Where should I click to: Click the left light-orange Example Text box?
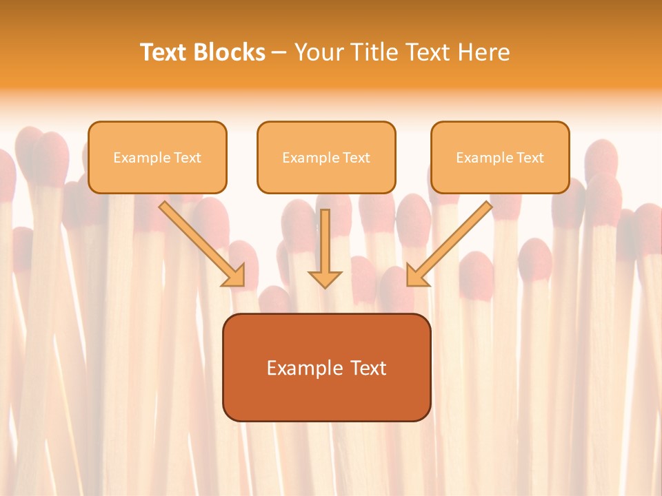pyautogui.click(x=157, y=157)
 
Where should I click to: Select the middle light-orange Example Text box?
pyautogui.click(x=326, y=157)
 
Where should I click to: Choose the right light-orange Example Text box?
pyautogui.click(x=500, y=157)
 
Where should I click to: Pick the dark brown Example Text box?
pyautogui.click(x=326, y=367)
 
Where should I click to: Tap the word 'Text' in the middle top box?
pyautogui.click(x=355, y=158)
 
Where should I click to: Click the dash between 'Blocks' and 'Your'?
pyautogui.click(x=279, y=53)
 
